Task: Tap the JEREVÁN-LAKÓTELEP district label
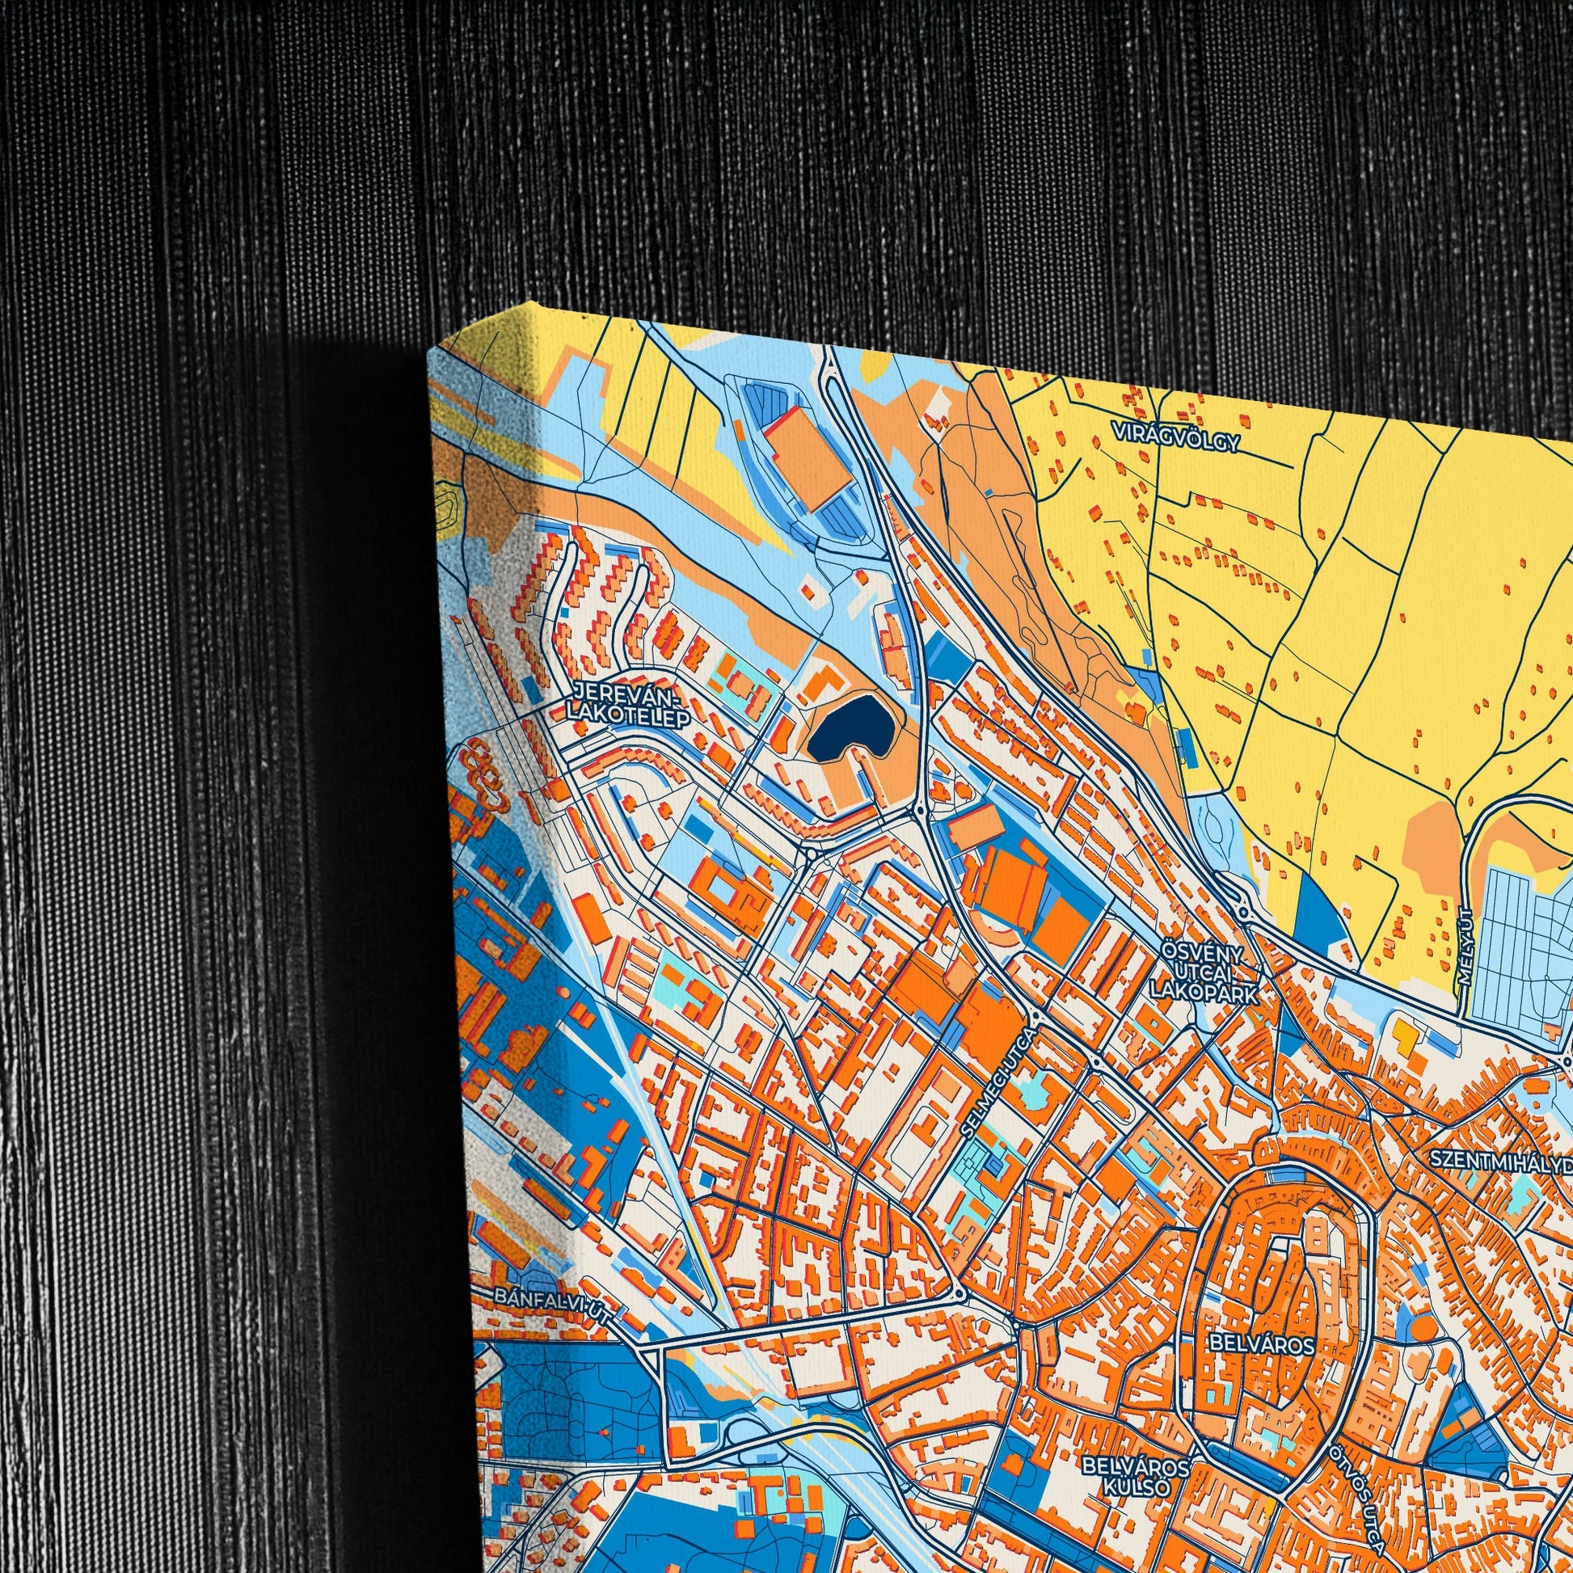pos(626,706)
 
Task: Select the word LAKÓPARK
pos(1204,993)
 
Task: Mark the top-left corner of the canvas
pos(429,355)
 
